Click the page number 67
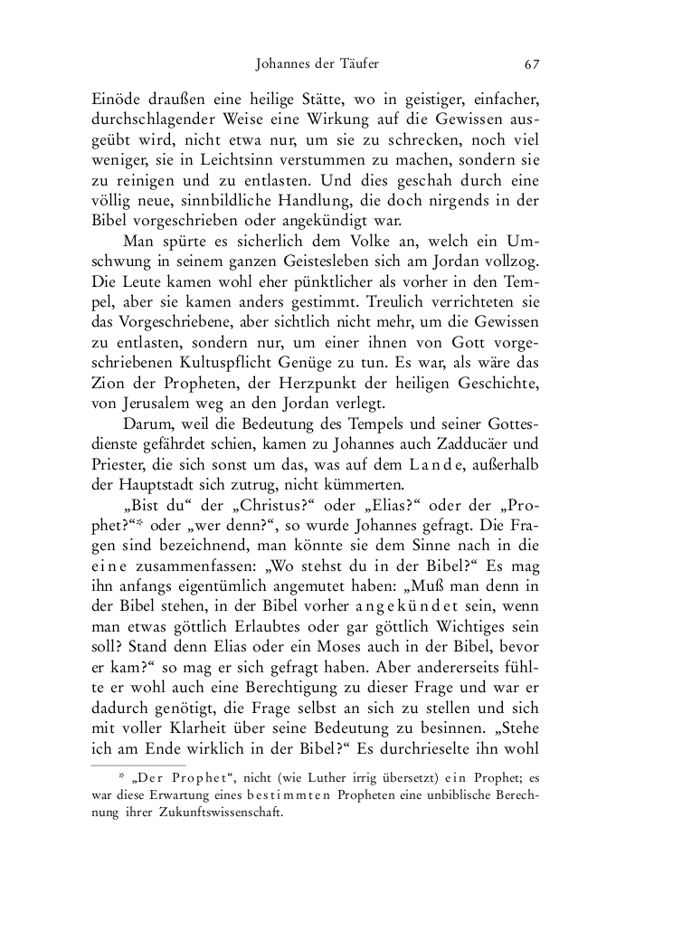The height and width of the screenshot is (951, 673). pyautogui.click(x=531, y=64)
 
